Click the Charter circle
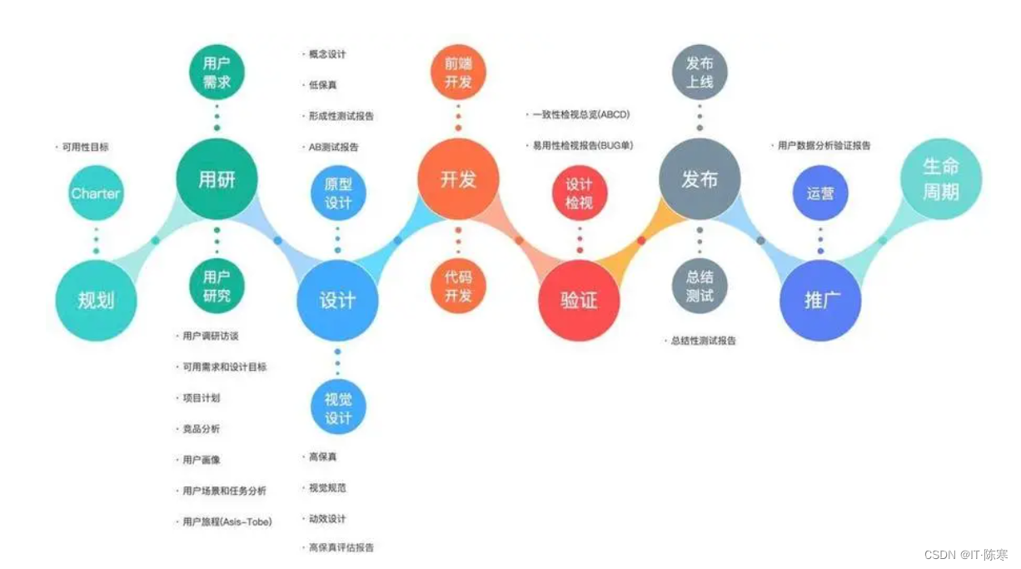click(x=96, y=193)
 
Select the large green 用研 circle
click(x=217, y=179)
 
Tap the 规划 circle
click(x=96, y=300)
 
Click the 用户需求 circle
click(x=217, y=72)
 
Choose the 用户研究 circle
click(x=217, y=286)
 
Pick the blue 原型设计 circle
click(x=337, y=192)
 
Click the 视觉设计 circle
click(x=337, y=408)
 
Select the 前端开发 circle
click(x=458, y=72)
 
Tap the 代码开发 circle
click(x=458, y=286)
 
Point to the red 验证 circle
click(x=579, y=300)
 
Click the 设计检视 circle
click(x=579, y=192)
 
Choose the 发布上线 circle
click(x=700, y=72)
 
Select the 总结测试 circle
click(x=700, y=286)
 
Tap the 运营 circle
click(x=820, y=193)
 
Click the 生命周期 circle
click(x=941, y=179)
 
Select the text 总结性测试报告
click(x=703, y=341)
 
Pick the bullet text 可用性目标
click(x=85, y=147)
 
